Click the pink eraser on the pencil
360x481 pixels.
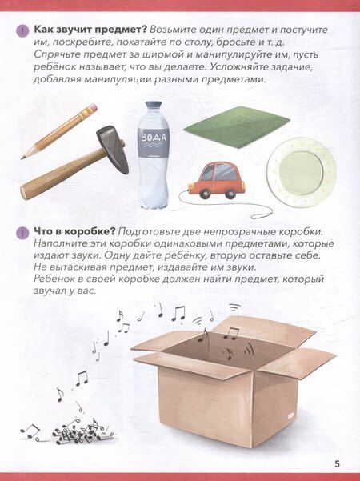pyautogui.click(x=92, y=109)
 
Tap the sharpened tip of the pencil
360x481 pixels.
pyautogui.click(x=22, y=158)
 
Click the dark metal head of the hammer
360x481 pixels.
pyautogui.click(x=113, y=149)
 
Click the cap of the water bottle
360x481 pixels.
pyautogui.click(x=153, y=106)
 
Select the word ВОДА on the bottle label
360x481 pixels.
pyautogui.click(x=154, y=137)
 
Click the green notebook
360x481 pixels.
pyautogui.click(x=237, y=126)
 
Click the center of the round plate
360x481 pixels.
pyautogui.click(x=301, y=172)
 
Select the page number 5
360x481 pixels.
pyautogui.click(x=337, y=464)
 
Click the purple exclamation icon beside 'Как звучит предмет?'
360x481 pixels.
pyautogui.click(x=22, y=30)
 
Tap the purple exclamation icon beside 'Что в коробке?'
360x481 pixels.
pyautogui.click(x=22, y=232)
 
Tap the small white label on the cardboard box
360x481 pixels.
pyautogui.click(x=291, y=415)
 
